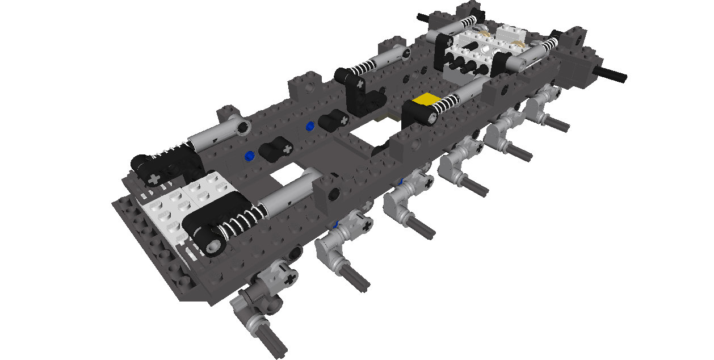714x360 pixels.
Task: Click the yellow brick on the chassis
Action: pyautogui.click(x=425, y=101)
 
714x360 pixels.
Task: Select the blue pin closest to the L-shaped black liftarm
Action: pyautogui.click(x=310, y=125)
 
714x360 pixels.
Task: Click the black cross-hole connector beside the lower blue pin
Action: pyautogui.click(x=274, y=149)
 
